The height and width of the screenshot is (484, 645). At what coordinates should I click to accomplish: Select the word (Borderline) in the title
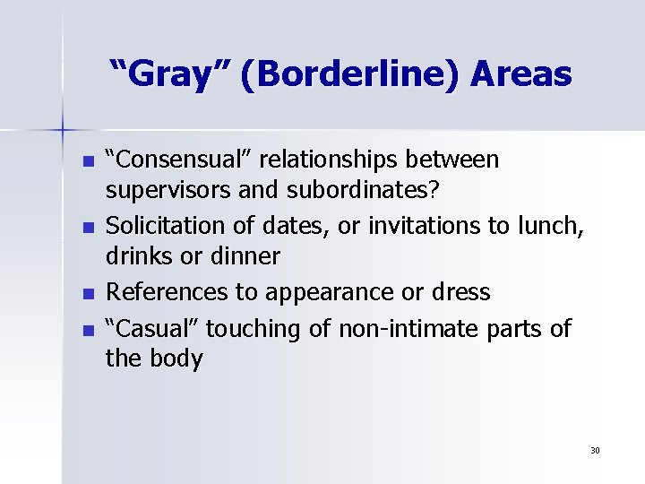342,74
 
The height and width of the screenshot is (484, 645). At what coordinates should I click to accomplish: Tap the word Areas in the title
516,73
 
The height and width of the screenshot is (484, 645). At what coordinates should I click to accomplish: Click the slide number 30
595,450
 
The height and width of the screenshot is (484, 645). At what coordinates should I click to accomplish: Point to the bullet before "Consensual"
87,162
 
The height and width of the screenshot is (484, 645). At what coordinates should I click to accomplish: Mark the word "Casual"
152,329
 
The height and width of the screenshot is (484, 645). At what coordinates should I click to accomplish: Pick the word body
177,360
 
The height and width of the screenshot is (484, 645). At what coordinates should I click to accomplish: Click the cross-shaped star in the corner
63,131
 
